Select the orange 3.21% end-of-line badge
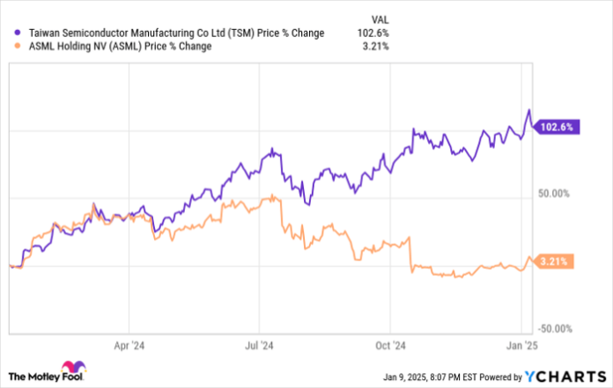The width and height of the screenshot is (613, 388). tap(555, 261)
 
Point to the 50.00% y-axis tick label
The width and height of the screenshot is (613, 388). tap(556, 193)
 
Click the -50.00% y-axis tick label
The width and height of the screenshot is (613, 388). tap(556, 328)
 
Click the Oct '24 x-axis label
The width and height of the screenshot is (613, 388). tap(394, 346)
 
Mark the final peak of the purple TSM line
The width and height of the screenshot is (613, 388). tap(528, 110)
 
